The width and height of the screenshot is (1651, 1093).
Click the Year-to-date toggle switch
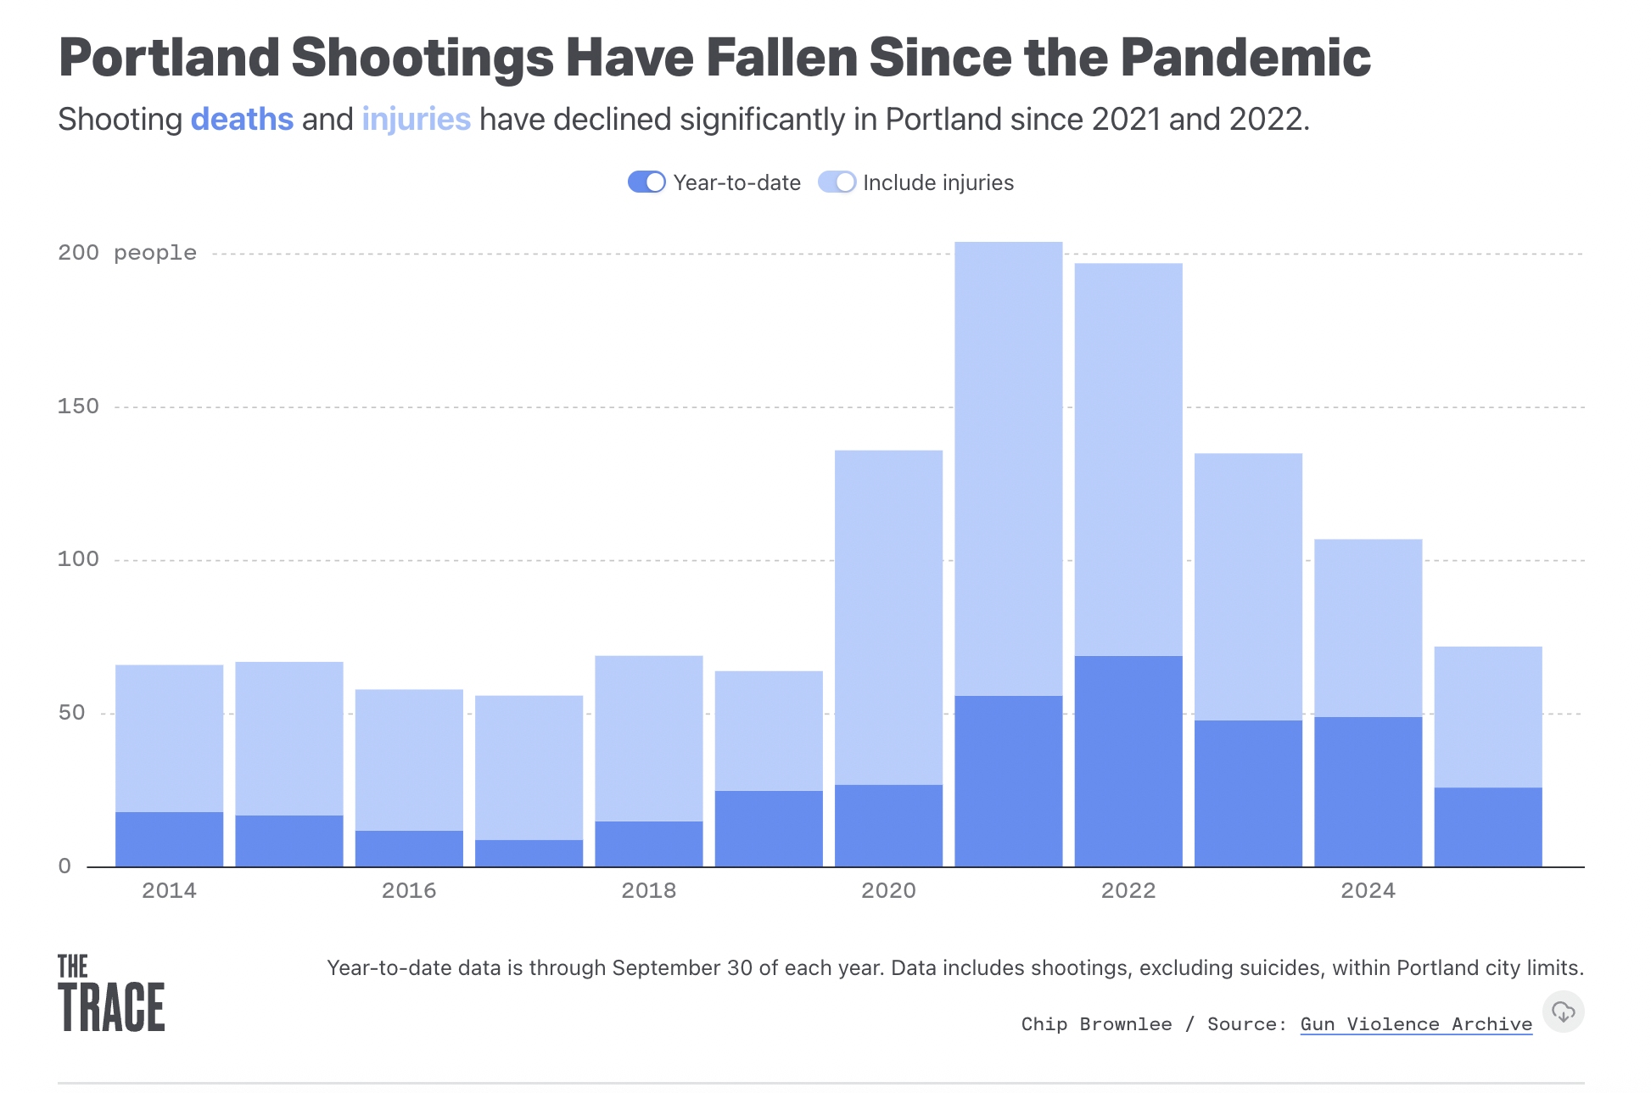click(646, 182)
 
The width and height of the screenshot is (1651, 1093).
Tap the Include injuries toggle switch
click(837, 182)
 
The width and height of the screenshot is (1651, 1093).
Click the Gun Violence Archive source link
click(1416, 1024)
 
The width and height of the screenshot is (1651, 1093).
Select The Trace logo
click(111, 993)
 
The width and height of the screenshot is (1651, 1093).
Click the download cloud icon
click(1563, 1012)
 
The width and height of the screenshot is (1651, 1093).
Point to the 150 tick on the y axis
click(78, 406)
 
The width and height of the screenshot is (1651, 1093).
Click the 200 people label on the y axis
click(127, 253)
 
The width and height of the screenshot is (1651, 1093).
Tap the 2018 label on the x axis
click(649, 890)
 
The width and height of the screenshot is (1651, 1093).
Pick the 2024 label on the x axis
click(1368, 890)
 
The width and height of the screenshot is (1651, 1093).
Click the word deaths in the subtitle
click(242, 120)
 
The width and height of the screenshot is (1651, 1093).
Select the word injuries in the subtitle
click(416, 120)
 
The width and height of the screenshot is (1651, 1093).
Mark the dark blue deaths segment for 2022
click(1128, 761)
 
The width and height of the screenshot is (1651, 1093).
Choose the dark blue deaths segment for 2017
click(529, 854)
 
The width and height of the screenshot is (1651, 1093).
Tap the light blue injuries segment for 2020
click(888, 617)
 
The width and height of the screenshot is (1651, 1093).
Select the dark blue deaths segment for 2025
click(1488, 827)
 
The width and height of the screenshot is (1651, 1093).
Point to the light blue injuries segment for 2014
click(170, 738)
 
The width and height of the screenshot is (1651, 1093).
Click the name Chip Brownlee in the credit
click(1096, 1024)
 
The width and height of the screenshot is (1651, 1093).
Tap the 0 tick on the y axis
click(65, 866)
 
